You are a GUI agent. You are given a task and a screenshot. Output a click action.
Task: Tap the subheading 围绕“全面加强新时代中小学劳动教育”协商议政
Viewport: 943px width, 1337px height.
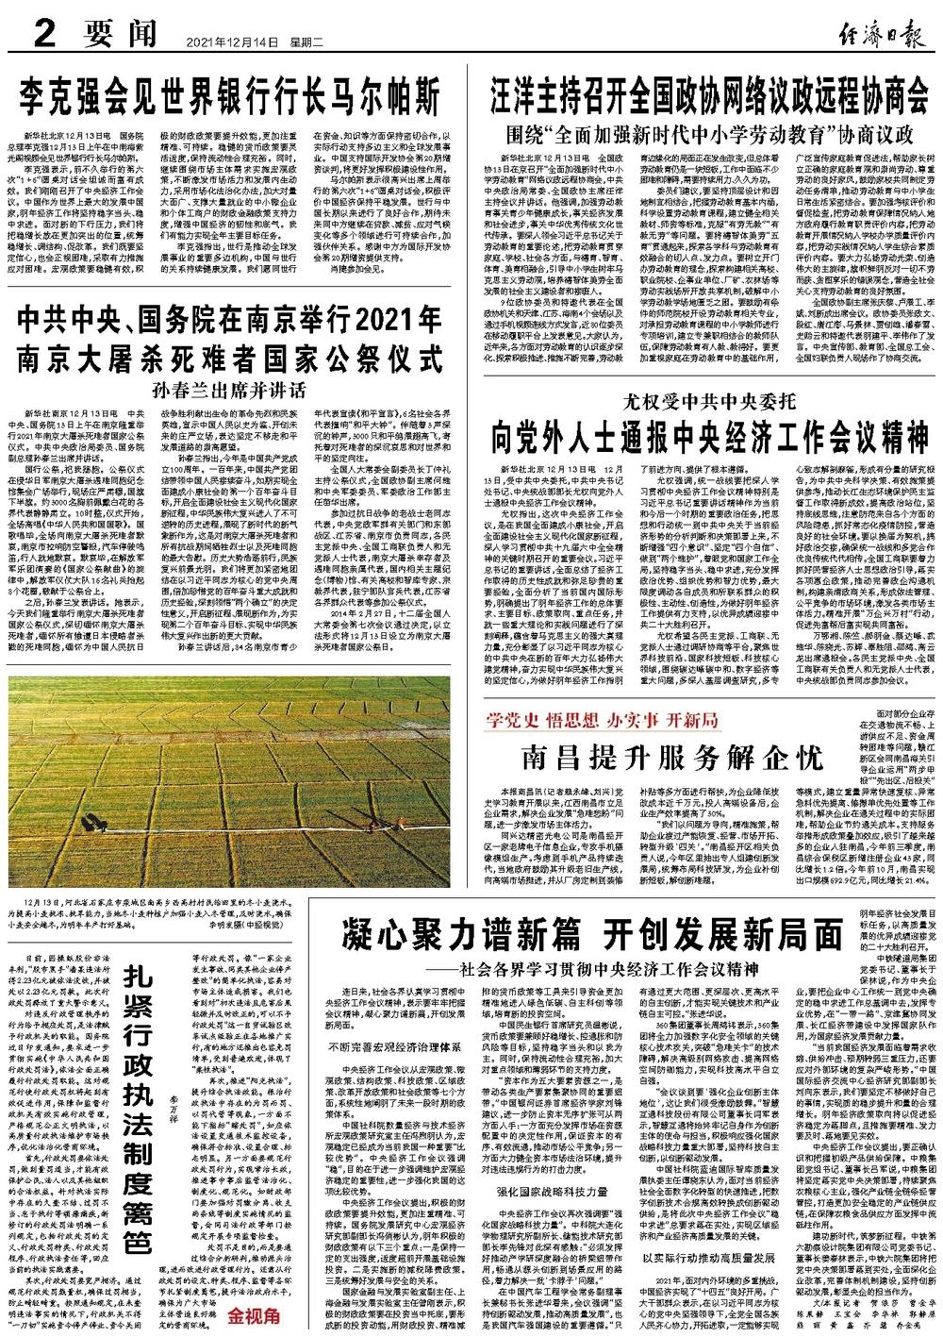(709, 131)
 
